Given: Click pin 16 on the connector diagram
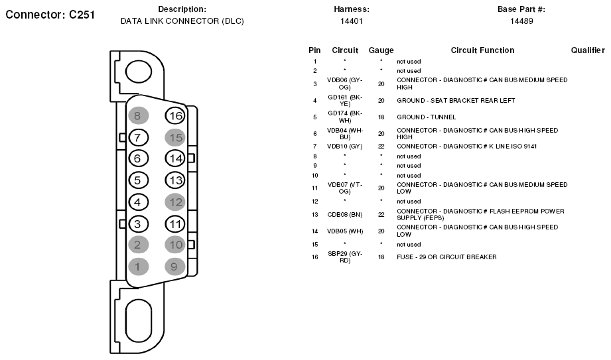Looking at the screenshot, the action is point(175,116).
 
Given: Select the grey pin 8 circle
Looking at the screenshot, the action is point(138,116).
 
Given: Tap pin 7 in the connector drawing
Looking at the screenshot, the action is point(138,137).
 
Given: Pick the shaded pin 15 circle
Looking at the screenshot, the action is point(175,137).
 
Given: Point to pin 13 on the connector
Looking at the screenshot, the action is point(175,180).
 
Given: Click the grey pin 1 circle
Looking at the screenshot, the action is point(138,267).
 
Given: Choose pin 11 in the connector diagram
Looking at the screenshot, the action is point(175,224).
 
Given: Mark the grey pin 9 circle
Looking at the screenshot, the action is point(175,267).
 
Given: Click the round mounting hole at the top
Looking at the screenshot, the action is point(139,72).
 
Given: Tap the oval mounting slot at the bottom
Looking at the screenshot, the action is point(139,320).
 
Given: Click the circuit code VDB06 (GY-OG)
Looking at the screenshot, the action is point(344,84).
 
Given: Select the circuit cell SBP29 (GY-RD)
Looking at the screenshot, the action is point(345,257).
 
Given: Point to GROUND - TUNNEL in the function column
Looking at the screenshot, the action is point(426,117).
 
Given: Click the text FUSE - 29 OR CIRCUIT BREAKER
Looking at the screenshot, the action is point(446,257).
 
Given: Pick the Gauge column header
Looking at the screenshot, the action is point(381,50).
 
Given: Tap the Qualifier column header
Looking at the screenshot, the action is point(588,50).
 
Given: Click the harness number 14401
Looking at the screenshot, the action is point(352,21).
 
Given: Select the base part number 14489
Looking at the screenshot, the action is point(521,21).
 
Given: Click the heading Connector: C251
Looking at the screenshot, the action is point(50,15).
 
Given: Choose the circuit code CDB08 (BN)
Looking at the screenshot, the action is point(345,215).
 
